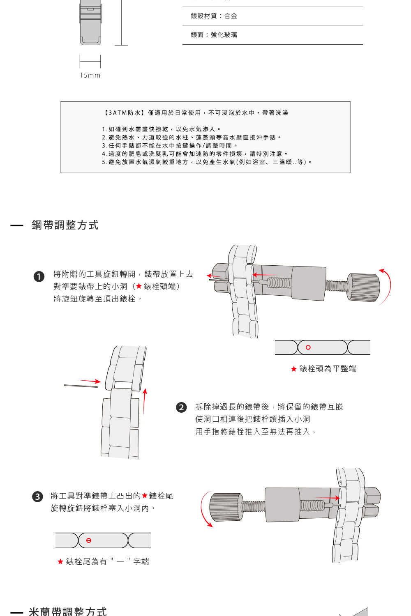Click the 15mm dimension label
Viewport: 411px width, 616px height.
(x=90, y=75)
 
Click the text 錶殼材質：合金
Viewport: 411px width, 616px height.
(x=214, y=16)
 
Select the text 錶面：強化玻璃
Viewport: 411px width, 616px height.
(x=214, y=35)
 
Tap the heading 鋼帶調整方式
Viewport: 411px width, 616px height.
(x=65, y=225)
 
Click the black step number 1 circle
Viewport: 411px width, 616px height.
(x=39, y=276)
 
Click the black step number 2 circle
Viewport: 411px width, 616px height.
(x=181, y=407)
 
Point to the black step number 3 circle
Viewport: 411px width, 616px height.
(x=37, y=496)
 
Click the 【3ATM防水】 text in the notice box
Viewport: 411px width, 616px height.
(x=123, y=113)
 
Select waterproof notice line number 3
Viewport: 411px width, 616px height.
(x=169, y=145)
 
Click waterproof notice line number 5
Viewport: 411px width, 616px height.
(x=207, y=162)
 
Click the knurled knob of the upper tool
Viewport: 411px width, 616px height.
(x=365, y=287)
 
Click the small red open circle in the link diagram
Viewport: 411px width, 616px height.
(x=308, y=347)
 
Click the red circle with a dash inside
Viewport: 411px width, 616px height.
(x=89, y=540)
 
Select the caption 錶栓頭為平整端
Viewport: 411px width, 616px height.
(x=328, y=369)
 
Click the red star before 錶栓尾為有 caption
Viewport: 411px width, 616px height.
(x=60, y=561)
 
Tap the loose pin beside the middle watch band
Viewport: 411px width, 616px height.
(x=81, y=386)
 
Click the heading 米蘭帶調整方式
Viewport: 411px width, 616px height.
(x=68, y=611)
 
